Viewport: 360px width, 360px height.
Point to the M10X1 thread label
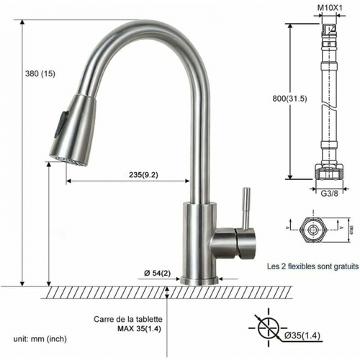[x=330, y=8]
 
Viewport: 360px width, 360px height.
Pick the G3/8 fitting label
[x=329, y=191]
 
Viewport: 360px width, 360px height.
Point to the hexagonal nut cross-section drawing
[x=314, y=230]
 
